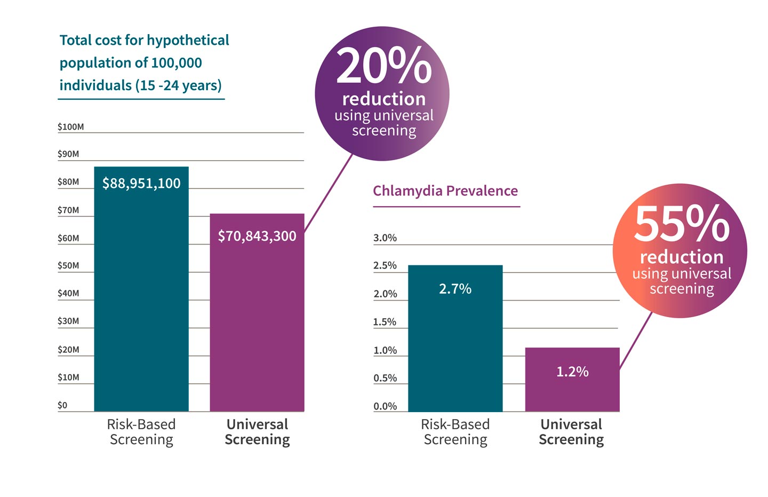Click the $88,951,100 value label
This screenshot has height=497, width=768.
(x=141, y=184)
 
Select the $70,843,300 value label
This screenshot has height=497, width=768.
(x=257, y=236)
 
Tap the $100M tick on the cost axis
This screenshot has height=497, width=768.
(x=71, y=127)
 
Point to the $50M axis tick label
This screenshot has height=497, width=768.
(x=68, y=266)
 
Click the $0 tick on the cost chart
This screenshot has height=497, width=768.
(x=62, y=405)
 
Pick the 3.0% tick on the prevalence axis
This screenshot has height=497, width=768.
(x=385, y=238)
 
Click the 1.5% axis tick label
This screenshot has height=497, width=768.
(x=385, y=322)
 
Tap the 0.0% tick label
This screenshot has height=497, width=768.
(x=385, y=406)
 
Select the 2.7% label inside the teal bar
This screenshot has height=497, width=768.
(x=455, y=289)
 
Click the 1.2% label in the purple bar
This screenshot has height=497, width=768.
(x=572, y=372)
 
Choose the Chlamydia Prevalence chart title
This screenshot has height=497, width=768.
(x=445, y=191)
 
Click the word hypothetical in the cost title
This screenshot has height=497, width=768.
(x=188, y=41)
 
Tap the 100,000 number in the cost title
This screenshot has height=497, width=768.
(x=177, y=63)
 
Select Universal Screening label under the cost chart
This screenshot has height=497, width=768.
(x=257, y=432)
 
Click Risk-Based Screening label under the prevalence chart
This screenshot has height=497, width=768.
(x=455, y=432)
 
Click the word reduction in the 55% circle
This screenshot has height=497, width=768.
(x=682, y=257)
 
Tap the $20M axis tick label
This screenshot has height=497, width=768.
(x=68, y=350)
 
